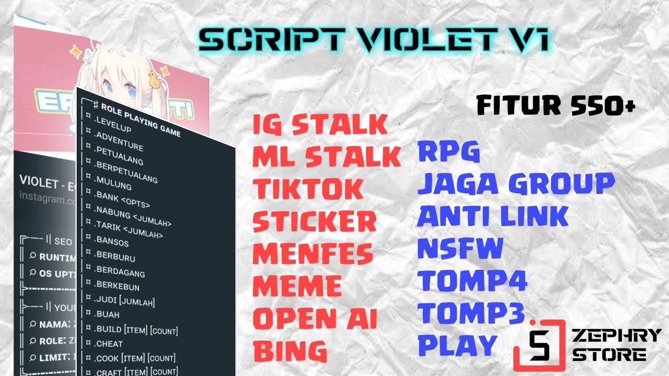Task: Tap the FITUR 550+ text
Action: point(555,106)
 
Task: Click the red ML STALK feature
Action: point(326,157)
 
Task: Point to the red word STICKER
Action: point(314,222)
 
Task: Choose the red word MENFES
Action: point(313,254)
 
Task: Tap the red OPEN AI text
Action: point(315,319)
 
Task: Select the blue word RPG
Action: point(448,152)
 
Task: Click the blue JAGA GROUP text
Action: point(516,184)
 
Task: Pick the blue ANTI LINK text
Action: point(492,216)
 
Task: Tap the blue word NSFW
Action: point(460,249)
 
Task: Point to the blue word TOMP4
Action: point(472,281)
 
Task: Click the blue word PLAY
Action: point(457,345)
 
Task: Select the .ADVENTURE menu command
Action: point(119,143)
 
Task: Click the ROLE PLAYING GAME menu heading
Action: point(140,120)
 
